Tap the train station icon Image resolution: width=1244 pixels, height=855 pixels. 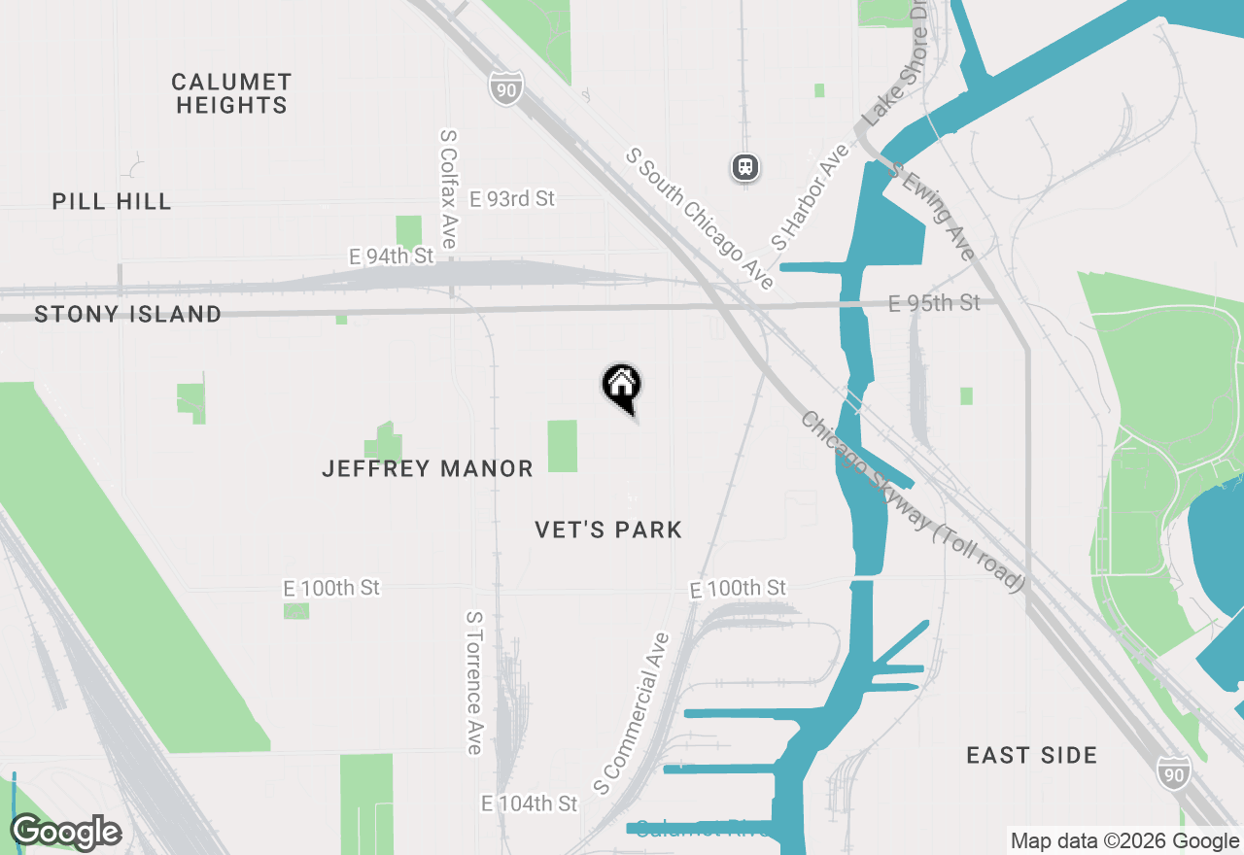(745, 167)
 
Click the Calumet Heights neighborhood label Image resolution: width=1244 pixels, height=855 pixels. (231, 93)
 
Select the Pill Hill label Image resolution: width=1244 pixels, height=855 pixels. (112, 202)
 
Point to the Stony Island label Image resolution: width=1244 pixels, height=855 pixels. (127, 314)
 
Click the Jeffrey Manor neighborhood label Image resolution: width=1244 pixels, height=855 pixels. (428, 469)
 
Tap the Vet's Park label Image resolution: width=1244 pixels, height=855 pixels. (608, 530)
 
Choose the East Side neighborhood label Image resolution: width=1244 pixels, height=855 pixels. (1031, 755)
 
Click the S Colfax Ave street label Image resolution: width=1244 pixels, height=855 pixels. (448, 189)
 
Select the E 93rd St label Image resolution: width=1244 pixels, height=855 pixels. (511, 198)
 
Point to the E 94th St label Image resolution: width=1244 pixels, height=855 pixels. (391, 256)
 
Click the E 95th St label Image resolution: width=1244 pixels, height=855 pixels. (934, 303)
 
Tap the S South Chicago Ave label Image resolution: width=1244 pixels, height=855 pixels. (700, 219)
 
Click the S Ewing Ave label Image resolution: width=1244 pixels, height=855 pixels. (932, 214)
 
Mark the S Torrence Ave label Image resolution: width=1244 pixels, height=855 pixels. (474, 682)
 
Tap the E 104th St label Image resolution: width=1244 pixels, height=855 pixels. (529, 804)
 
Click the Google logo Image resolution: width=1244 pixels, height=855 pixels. (66, 832)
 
